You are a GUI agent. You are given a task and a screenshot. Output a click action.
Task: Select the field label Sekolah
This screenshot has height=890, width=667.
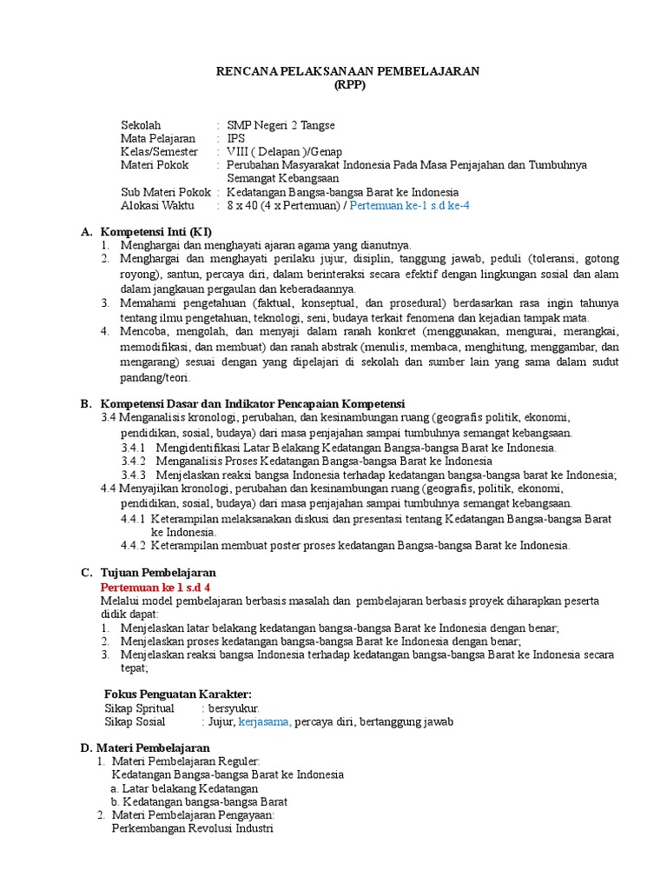(141, 124)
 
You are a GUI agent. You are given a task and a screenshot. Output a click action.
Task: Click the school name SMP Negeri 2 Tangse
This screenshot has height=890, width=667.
(280, 124)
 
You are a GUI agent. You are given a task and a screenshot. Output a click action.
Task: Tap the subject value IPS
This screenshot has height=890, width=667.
(235, 137)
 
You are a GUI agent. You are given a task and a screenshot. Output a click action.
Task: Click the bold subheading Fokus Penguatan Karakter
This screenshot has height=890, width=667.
(178, 693)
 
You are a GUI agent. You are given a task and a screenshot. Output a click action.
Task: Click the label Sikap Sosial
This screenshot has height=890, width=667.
(135, 721)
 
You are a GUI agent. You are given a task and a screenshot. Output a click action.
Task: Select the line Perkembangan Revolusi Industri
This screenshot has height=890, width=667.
(192, 828)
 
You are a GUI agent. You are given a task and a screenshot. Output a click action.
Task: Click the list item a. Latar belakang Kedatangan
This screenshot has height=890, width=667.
(178, 788)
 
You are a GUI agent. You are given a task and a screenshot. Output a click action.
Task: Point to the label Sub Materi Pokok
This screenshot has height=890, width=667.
(165, 191)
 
